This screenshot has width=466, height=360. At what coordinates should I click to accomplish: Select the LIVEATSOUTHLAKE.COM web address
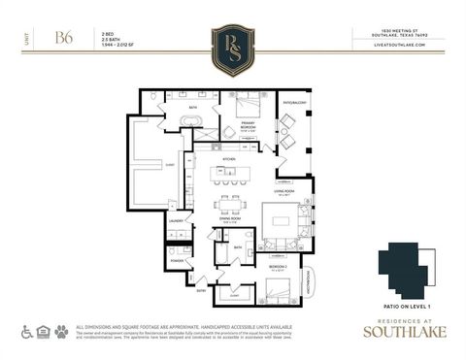(x=410, y=45)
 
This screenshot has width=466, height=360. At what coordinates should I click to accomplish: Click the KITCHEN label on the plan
(x=230, y=159)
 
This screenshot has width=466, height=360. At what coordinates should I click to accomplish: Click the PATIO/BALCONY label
(x=294, y=101)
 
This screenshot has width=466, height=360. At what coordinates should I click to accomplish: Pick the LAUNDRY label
(x=177, y=221)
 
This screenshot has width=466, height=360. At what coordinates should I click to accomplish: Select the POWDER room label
(x=177, y=261)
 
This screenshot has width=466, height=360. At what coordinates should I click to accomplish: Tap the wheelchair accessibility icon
(x=27, y=332)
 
